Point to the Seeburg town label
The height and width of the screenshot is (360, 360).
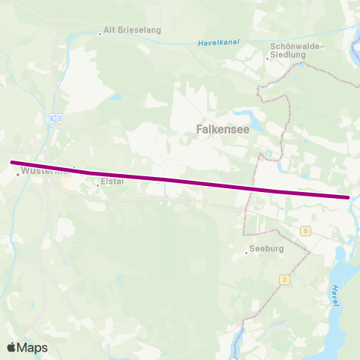pos(266,251)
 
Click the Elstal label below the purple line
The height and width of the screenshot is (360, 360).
pos(112,181)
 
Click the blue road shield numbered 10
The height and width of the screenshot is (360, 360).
pos(56,118)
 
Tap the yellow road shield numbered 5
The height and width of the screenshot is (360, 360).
pos(306,230)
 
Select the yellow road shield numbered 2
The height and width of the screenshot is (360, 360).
pos(284,279)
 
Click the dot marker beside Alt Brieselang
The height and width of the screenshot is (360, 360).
pos(100,33)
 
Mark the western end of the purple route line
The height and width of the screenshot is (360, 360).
pos(11,162)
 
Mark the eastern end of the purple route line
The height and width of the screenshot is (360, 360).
pos(349,197)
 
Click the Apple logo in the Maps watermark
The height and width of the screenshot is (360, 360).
pos(12,347)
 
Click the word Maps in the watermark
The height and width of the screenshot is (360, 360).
pos(34,347)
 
